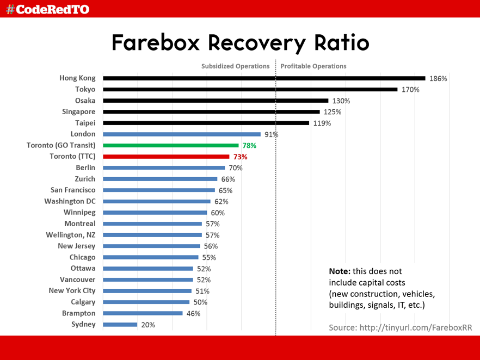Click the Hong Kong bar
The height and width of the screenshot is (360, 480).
[x=264, y=78]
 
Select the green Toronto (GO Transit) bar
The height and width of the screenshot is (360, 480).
[x=171, y=145]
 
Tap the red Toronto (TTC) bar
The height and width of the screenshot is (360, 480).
[x=166, y=157]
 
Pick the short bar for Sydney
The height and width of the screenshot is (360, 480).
[x=120, y=325]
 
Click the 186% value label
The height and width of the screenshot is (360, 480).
[x=438, y=79]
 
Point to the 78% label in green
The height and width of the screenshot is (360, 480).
[x=249, y=146]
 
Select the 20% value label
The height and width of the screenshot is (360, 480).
[x=148, y=325]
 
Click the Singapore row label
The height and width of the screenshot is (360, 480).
[x=78, y=111]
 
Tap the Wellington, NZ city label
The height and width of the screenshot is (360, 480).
[x=71, y=235]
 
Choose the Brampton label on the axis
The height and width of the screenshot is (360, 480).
[x=78, y=313]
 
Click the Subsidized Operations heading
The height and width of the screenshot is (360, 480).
[x=235, y=66]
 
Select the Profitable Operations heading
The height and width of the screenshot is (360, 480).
[x=313, y=66]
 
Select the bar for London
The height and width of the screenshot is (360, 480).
[x=182, y=134]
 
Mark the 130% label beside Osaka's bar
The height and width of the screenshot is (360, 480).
[x=341, y=101]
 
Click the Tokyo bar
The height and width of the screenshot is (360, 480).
[x=250, y=89]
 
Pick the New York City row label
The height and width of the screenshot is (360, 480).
[x=72, y=291]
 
